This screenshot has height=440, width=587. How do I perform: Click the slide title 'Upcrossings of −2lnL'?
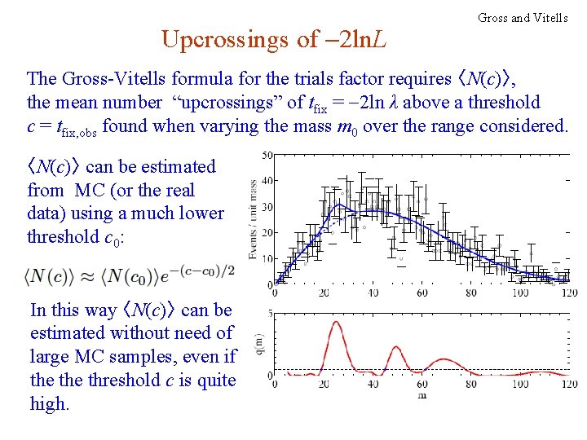275,38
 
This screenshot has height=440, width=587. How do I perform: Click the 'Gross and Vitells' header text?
523,17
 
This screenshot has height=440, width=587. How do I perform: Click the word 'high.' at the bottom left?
49,403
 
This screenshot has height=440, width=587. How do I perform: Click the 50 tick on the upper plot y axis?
267,156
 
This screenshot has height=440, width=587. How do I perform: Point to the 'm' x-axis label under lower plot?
421,395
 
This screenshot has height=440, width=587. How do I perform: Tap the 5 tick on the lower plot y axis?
270,314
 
